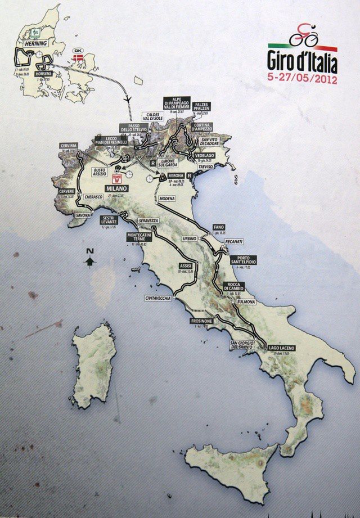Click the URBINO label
click(190, 238)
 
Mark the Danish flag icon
click(76, 58)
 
